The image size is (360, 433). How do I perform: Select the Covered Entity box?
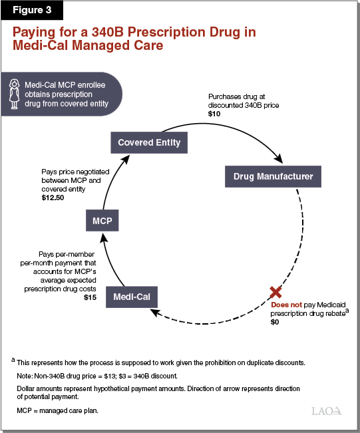[149, 142]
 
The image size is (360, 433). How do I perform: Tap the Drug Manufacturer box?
[273, 177]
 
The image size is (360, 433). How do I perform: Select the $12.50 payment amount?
[54, 199]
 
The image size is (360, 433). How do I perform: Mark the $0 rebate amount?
[275, 322]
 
